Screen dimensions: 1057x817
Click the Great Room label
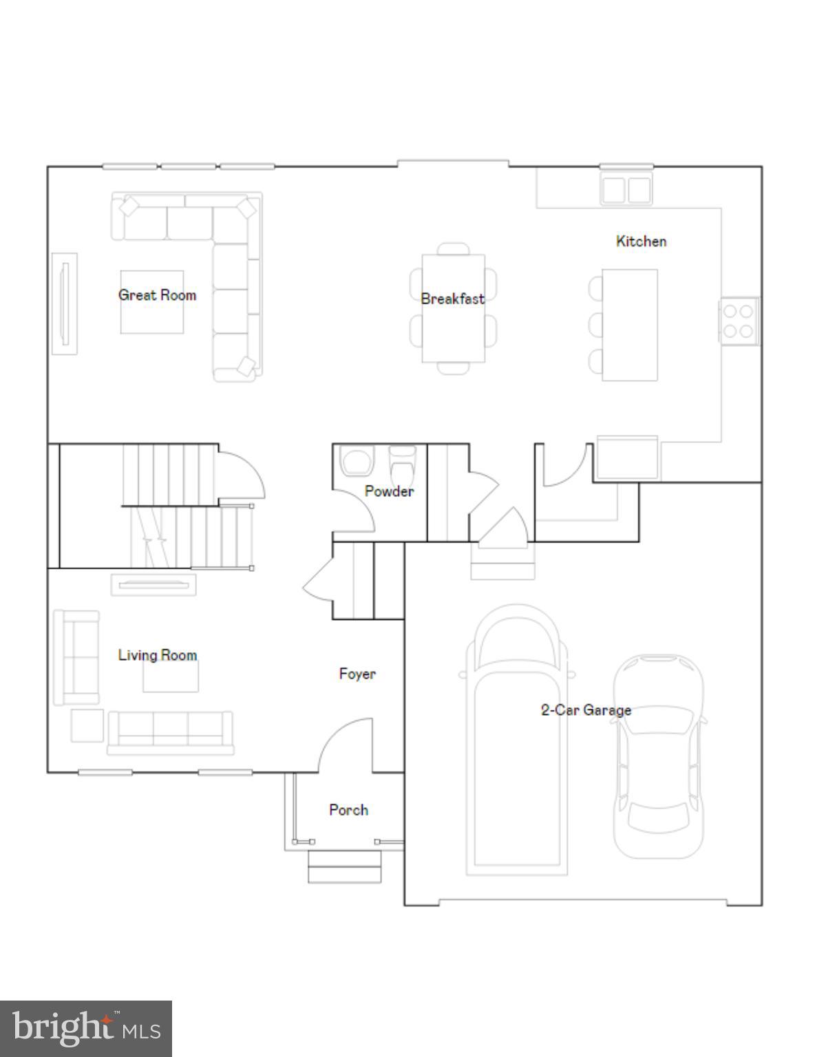(x=157, y=295)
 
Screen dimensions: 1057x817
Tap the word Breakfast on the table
(x=452, y=299)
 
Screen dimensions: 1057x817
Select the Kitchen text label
(x=641, y=242)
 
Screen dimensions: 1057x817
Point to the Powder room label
(x=389, y=491)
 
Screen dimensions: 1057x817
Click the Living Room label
(x=157, y=655)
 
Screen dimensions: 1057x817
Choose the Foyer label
(x=357, y=674)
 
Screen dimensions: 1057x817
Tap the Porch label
(x=348, y=810)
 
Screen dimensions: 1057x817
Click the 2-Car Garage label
(x=586, y=710)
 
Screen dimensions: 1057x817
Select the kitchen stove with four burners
(x=739, y=321)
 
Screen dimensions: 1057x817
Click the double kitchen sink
(x=626, y=189)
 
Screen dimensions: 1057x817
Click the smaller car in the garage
(x=659, y=757)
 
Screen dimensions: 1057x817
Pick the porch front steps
(x=344, y=867)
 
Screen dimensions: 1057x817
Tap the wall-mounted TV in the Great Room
(x=65, y=303)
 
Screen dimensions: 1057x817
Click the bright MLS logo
(x=86, y=1029)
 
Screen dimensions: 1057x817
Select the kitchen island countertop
(x=630, y=325)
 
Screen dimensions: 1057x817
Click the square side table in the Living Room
(x=87, y=725)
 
